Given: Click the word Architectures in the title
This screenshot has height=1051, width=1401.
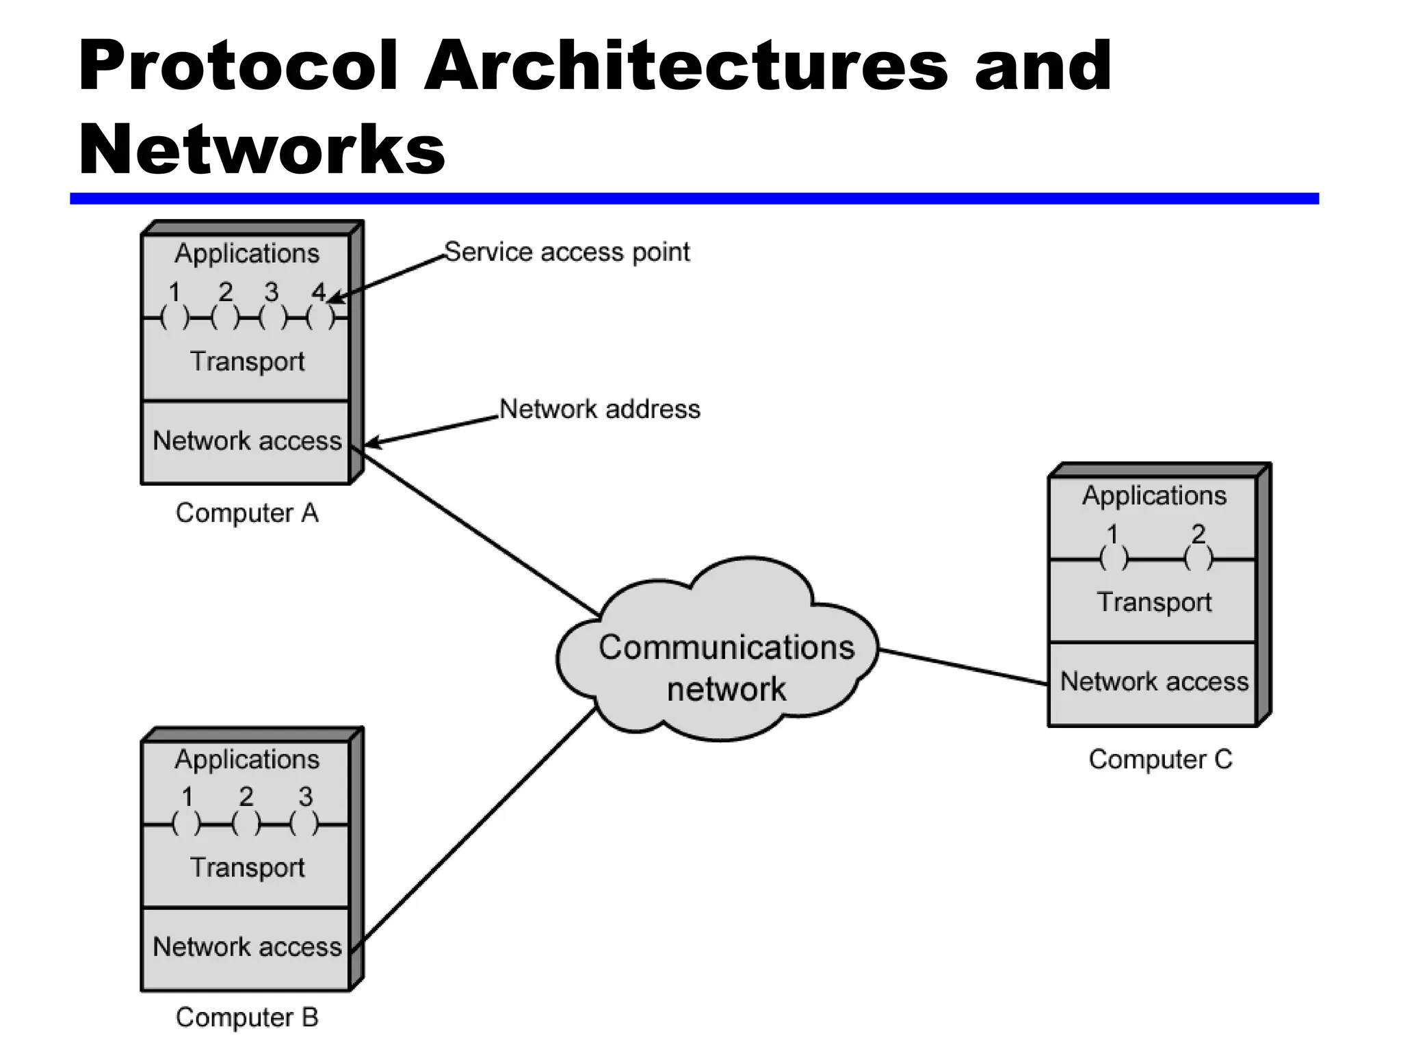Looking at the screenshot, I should [686, 66].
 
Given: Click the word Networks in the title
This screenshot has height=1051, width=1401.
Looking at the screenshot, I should [261, 149].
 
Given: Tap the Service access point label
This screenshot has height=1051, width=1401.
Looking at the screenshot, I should [567, 252].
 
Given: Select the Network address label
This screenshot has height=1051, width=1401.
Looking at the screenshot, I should [600, 409].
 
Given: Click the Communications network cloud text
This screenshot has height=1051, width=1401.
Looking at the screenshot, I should [726, 667].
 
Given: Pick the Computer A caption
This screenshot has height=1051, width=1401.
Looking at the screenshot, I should [247, 513].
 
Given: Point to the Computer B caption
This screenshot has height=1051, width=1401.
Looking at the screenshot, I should [247, 1017].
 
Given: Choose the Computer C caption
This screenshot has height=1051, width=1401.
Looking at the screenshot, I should [1160, 760].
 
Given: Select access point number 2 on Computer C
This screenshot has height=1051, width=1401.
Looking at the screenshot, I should [1198, 558].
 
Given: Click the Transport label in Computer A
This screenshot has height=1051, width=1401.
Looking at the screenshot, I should [247, 361].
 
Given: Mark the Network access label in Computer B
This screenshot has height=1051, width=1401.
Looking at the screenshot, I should [247, 947].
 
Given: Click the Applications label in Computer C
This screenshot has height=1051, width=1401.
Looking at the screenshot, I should [1154, 495].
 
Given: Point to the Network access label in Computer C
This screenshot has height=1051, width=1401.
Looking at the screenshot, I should [1154, 682].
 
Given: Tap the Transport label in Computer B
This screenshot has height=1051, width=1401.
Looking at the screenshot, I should [247, 868].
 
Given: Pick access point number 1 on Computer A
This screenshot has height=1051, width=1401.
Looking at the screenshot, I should [174, 316].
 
